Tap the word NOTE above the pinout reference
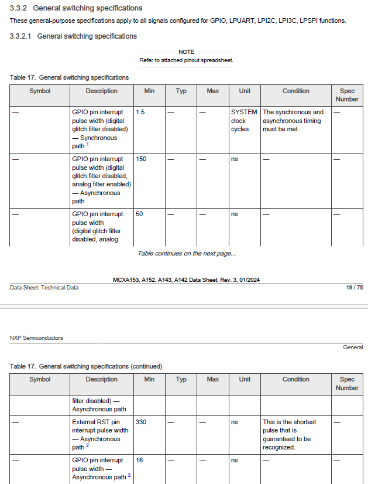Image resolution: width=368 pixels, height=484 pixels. click(186, 52)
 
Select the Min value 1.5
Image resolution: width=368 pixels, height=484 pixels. click(140, 112)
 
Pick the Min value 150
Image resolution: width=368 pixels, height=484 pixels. click(142, 159)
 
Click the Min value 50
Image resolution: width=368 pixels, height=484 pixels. click(139, 214)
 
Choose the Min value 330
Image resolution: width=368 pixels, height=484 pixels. click(142, 422)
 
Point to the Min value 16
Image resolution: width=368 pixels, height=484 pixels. click(139, 461)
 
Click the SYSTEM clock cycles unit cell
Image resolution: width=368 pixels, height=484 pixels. click(243, 120)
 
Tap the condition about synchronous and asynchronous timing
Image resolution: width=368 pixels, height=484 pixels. click(293, 120)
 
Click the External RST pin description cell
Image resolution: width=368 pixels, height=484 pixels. click(100, 434)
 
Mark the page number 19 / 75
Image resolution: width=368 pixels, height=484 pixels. click(355, 287)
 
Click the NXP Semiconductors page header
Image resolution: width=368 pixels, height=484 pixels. click(36, 338)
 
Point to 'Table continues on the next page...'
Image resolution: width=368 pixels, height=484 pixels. click(187, 254)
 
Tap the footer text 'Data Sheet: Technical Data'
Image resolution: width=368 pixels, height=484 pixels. click(44, 287)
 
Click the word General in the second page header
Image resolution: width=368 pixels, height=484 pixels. click(353, 347)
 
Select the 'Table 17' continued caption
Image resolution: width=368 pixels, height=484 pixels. click(86, 366)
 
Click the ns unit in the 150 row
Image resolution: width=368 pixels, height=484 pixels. click(235, 159)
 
